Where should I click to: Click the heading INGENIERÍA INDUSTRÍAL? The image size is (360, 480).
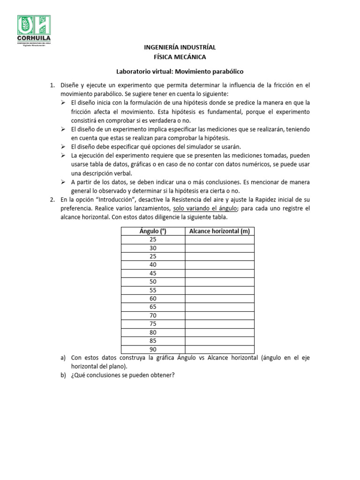[x=180, y=48]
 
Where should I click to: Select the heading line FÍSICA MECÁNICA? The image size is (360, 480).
[x=180, y=57]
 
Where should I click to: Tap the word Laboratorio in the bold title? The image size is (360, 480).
[x=133, y=72]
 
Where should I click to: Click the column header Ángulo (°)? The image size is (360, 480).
[x=153, y=231]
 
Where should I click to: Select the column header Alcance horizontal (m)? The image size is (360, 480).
[x=219, y=231]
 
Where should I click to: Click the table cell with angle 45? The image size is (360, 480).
[x=153, y=273]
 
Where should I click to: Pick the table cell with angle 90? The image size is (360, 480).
[x=153, y=349]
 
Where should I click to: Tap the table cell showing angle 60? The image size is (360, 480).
[x=153, y=299]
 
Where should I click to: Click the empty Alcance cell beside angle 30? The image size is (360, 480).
[x=219, y=248]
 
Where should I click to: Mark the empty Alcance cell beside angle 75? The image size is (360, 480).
[x=219, y=324]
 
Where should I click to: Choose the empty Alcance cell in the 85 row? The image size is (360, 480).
[x=219, y=341]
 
